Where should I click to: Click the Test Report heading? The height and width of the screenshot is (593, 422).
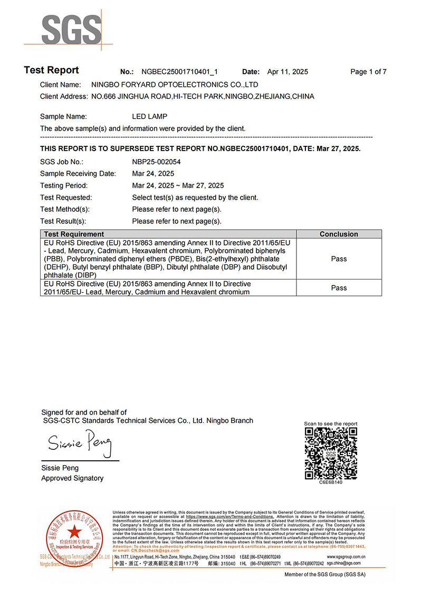(x=51, y=71)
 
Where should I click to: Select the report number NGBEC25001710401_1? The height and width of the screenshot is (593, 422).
(x=180, y=72)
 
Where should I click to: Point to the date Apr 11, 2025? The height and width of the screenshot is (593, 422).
(x=287, y=72)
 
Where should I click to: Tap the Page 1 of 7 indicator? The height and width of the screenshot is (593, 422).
(x=368, y=72)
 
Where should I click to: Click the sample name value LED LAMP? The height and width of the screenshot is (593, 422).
(x=149, y=116)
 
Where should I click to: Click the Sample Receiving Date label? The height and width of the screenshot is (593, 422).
(x=78, y=173)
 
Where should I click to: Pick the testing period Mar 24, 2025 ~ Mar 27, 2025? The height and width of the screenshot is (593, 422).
(x=178, y=185)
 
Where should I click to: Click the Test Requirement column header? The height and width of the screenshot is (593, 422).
(x=74, y=234)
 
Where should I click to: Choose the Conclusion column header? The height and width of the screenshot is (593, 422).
(x=339, y=234)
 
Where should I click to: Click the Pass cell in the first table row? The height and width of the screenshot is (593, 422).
(x=339, y=259)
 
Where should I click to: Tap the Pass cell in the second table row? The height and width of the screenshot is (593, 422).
(x=339, y=288)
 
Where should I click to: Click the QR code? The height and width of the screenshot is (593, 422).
(x=331, y=453)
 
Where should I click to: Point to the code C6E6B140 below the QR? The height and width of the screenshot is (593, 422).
(x=331, y=482)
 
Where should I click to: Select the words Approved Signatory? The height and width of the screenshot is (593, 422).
(x=72, y=478)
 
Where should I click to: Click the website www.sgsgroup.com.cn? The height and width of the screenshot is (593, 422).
(x=347, y=557)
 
